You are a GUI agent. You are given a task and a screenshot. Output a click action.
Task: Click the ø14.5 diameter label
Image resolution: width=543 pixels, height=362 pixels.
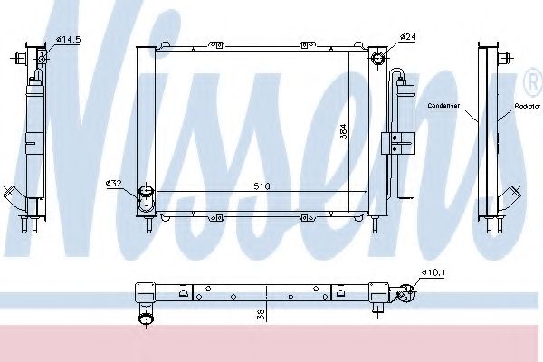pyautogui.click(x=69, y=38)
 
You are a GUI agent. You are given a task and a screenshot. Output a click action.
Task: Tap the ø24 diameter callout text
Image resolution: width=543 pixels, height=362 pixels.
pyautogui.click(x=408, y=37)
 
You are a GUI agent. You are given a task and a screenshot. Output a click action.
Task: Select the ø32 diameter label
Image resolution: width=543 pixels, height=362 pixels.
pyautogui.click(x=115, y=184)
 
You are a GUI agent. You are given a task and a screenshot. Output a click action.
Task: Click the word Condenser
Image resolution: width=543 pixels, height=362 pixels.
pyautogui.click(x=449, y=106)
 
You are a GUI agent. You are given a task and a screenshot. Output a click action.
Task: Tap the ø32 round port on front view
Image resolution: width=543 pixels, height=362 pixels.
pyautogui.click(x=145, y=193)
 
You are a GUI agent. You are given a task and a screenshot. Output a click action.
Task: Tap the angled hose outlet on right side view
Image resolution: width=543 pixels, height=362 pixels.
pyautogui.click(x=512, y=195)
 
